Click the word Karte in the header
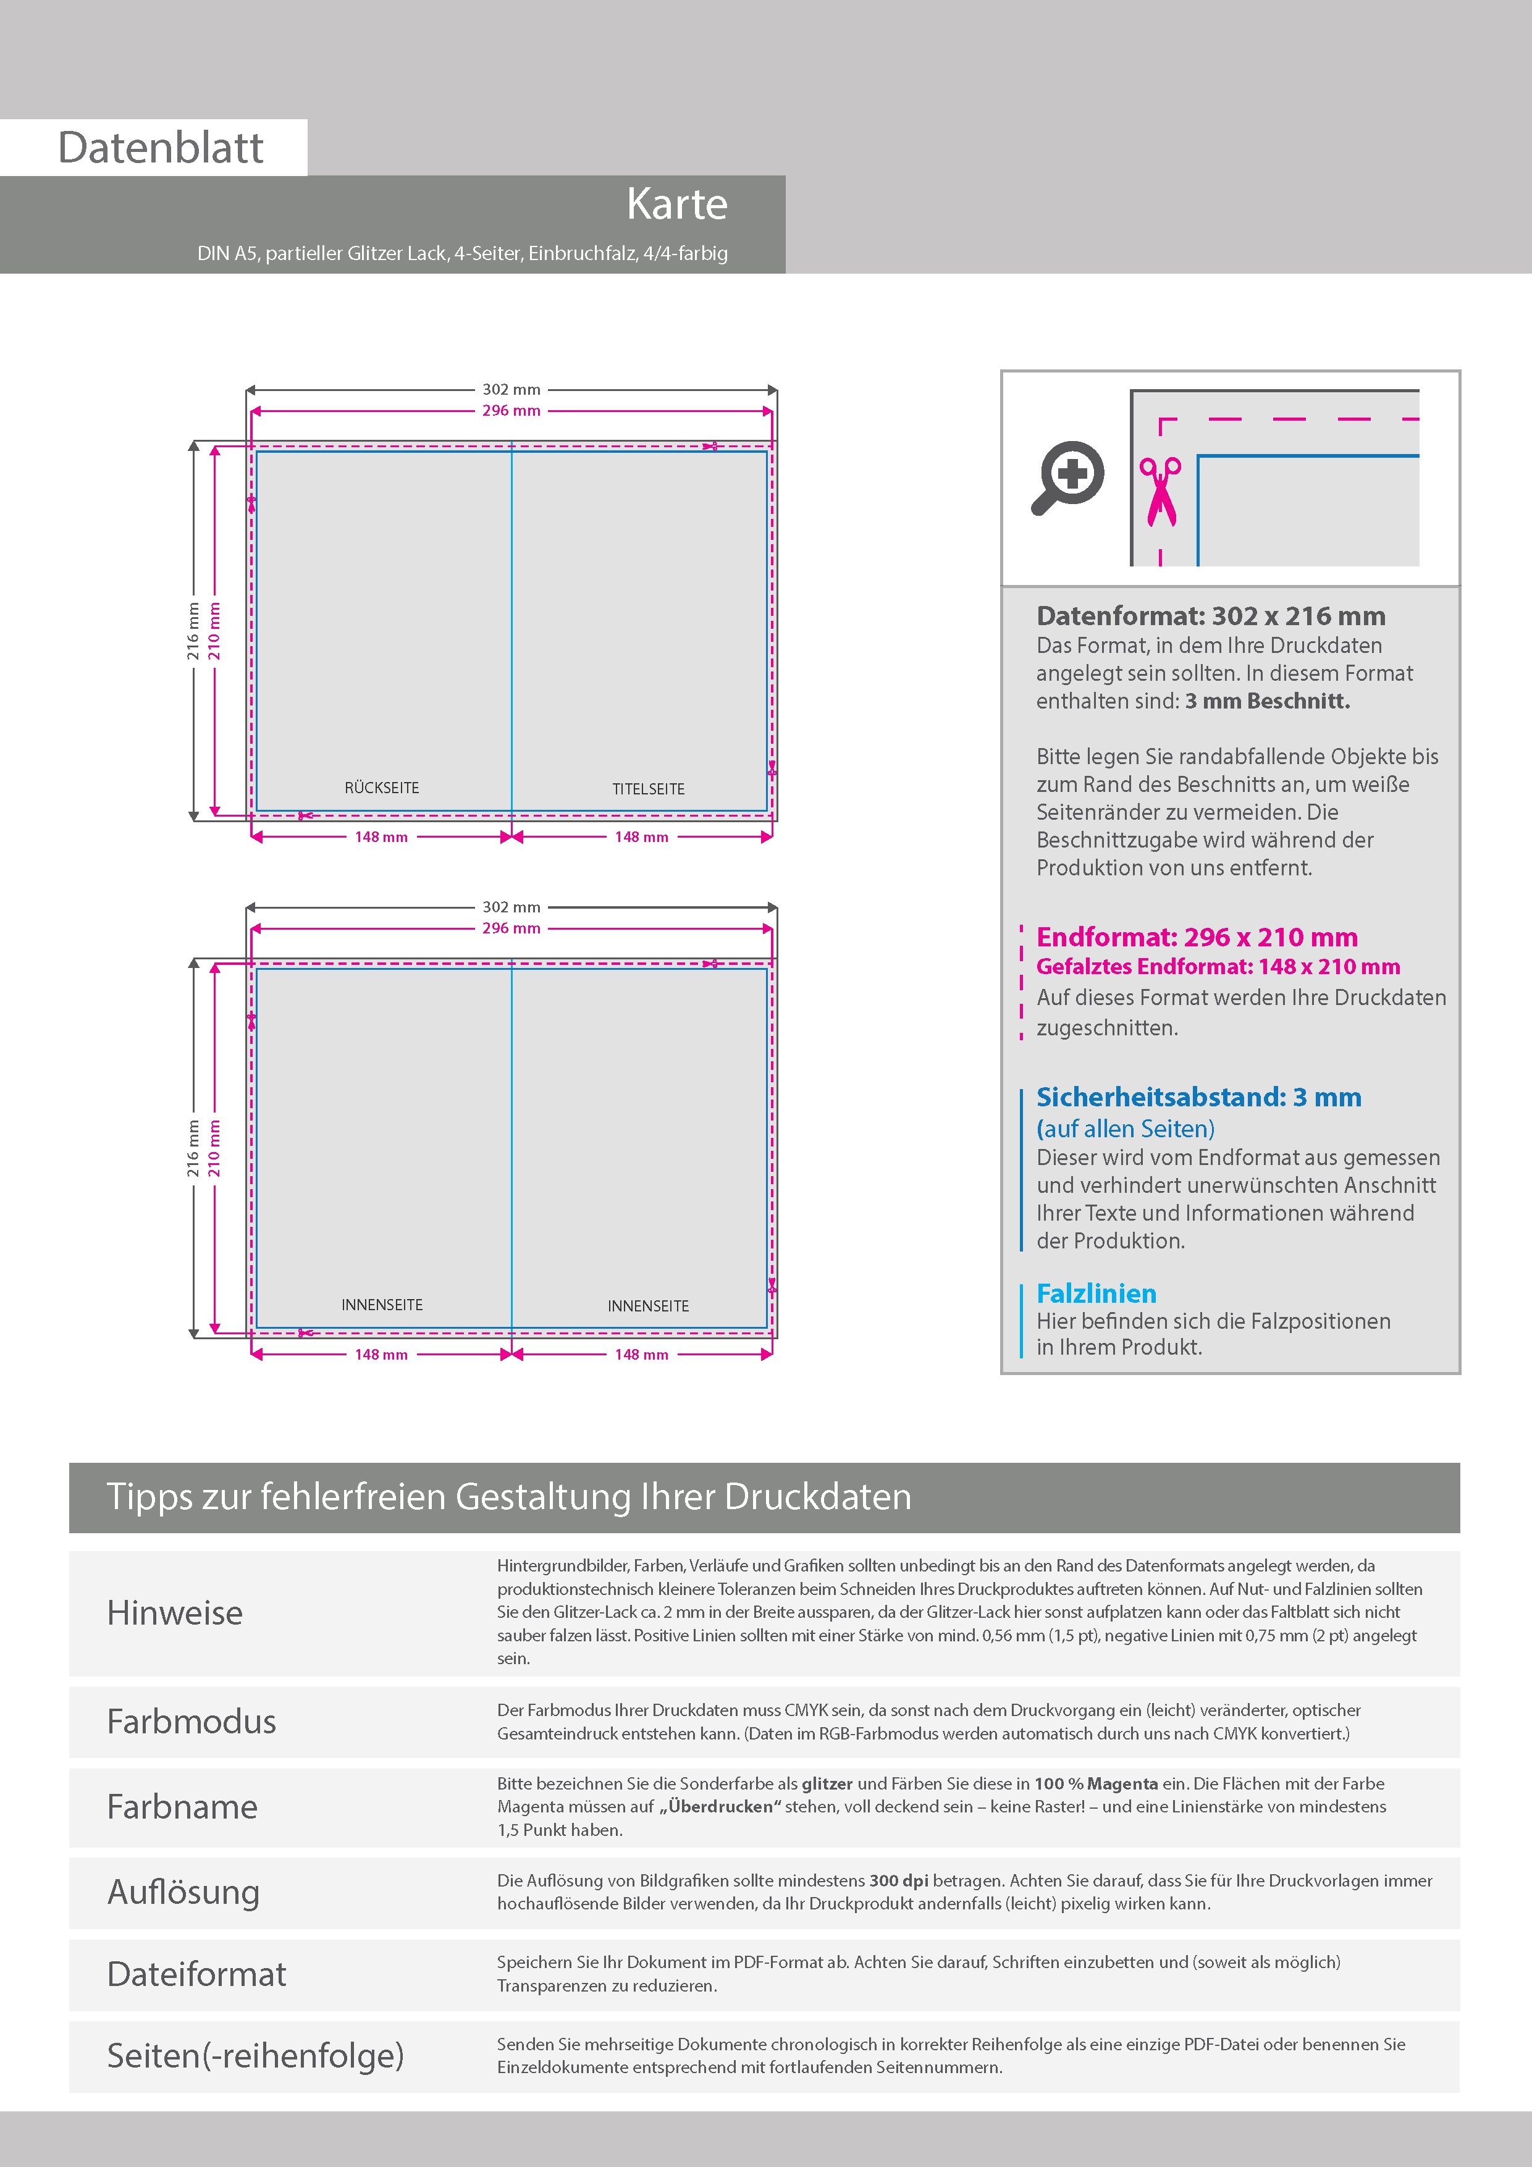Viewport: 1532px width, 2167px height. tap(677, 204)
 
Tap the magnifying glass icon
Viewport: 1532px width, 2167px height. tap(1067, 478)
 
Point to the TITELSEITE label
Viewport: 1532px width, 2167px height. tap(649, 789)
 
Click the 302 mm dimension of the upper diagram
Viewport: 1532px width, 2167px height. tap(511, 389)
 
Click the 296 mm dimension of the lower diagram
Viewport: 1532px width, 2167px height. tap(511, 928)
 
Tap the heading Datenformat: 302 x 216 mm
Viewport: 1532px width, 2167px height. tap(1211, 616)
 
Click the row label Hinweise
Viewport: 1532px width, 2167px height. tap(175, 1613)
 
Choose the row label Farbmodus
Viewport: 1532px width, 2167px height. tap(192, 1722)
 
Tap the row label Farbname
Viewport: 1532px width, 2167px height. tap(182, 1806)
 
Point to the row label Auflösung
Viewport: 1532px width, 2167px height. tap(183, 1891)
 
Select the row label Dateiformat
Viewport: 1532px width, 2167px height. tap(196, 1974)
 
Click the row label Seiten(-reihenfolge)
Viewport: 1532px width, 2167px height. tap(255, 2056)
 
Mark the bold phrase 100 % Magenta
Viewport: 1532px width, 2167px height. tap(1096, 1783)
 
